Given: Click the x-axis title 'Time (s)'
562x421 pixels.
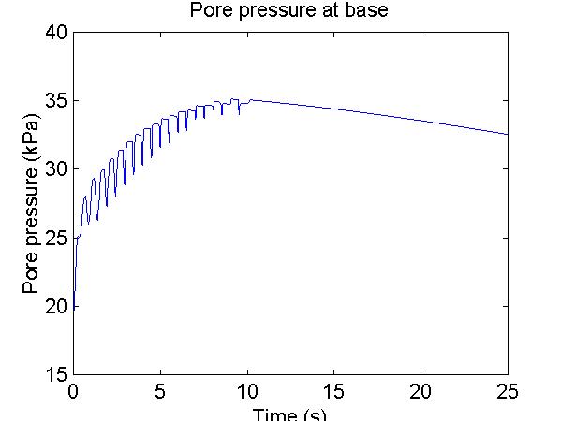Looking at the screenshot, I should (290, 414).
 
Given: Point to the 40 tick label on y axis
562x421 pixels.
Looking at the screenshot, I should (55, 33).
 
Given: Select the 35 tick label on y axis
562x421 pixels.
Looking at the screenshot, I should (55, 101).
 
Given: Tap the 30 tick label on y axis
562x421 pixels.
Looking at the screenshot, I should (55, 169).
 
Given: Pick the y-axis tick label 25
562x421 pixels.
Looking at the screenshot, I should (55, 238).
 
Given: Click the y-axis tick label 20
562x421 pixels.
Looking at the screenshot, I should (55, 306).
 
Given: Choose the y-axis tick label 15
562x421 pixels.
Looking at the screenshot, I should (55, 374).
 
